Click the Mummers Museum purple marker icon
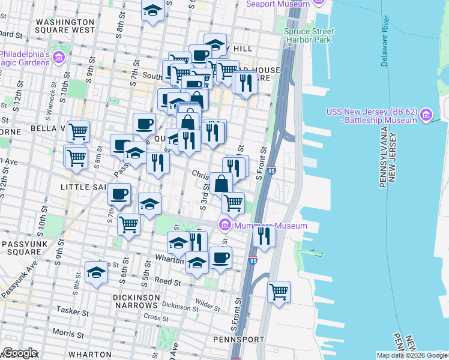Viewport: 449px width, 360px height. pos(225,226)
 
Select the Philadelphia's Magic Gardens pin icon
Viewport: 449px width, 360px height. pos(59,58)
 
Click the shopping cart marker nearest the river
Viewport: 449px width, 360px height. pos(279,292)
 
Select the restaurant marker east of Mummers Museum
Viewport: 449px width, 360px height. pos(264,235)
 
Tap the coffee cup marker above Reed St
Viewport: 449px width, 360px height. pos(221,258)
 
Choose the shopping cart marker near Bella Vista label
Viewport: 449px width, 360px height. pos(78,131)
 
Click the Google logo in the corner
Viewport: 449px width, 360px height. pos(19,353)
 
